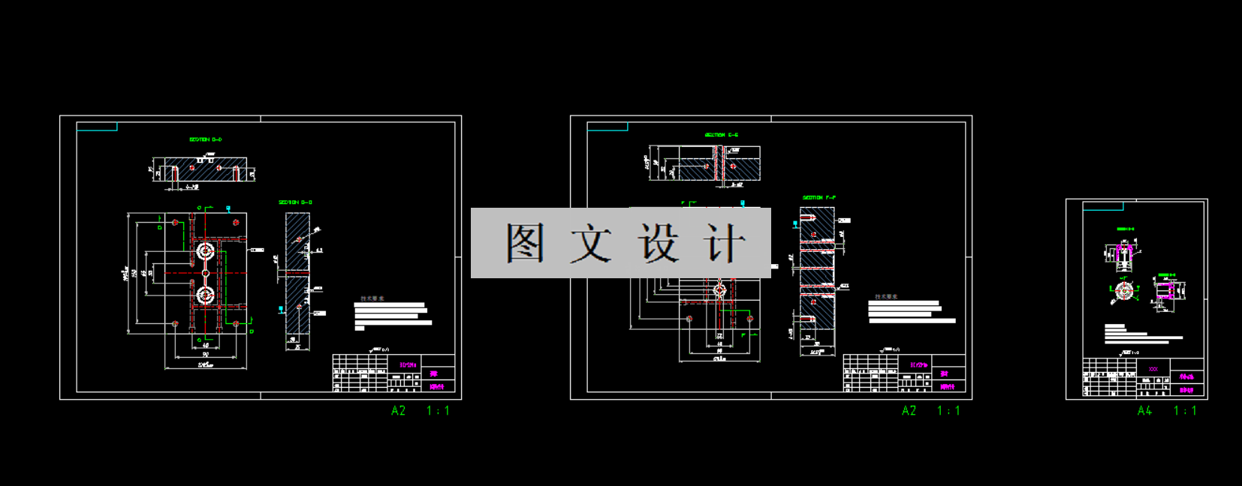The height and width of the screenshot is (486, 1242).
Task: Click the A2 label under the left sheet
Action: (x=399, y=411)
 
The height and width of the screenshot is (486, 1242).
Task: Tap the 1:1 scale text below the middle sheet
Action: (x=948, y=411)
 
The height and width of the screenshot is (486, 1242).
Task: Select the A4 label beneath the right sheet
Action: (x=1144, y=411)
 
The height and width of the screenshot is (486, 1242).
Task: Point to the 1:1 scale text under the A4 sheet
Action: (x=1185, y=411)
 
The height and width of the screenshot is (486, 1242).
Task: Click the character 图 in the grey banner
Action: (x=525, y=243)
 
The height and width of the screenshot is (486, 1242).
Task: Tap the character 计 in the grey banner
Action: (x=725, y=243)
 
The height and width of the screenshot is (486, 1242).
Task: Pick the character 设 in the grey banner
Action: (x=659, y=243)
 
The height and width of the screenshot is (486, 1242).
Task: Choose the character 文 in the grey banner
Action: (x=591, y=243)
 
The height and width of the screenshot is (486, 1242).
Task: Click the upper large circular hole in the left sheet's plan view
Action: (x=205, y=251)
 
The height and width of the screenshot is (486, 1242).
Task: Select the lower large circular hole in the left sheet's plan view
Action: (x=205, y=295)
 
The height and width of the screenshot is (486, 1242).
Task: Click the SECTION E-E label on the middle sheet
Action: (x=721, y=135)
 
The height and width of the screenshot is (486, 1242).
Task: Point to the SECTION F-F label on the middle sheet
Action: (x=818, y=198)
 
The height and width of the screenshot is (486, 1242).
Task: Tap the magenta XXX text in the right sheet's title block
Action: (x=1153, y=369)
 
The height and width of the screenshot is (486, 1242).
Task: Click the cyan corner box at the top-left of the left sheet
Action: (x=97, y=127)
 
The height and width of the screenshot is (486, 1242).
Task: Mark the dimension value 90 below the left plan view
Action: (x=205, y=355)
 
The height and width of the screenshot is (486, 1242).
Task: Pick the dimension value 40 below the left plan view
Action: (x=206, y=346)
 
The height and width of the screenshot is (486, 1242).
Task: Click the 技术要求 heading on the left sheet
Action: (x=372, y=298)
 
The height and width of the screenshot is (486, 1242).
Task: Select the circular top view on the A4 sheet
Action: (x=1124, y=291)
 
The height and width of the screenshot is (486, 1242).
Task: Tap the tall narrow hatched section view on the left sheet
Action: (x=297, y=273)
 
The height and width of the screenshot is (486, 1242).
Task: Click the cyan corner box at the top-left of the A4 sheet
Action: (x=1103, y=206)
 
